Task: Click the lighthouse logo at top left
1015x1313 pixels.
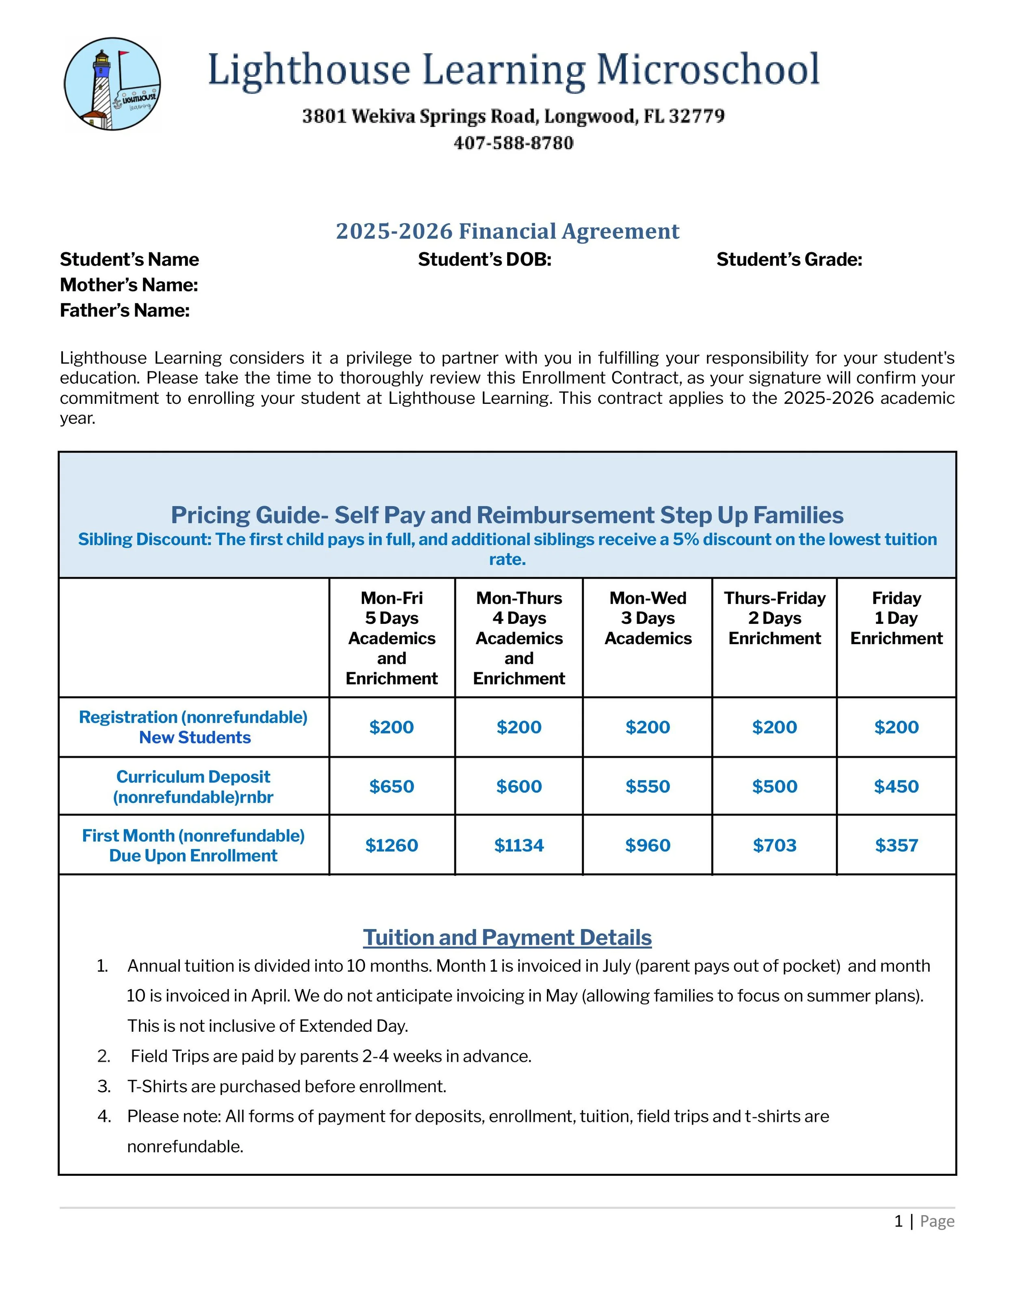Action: click(112, 84)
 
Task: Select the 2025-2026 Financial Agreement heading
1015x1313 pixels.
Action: click(507, 231)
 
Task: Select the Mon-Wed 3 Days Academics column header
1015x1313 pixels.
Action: click(648, 618)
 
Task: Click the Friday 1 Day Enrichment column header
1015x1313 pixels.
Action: click(896, 618)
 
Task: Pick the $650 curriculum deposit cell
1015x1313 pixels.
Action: click(391, 786)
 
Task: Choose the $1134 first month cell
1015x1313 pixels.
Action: click(519, 845)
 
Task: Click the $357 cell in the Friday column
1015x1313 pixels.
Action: click(896, 845)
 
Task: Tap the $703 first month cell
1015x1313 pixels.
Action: click(775, 845)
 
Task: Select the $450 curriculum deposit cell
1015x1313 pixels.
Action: click(896, 786)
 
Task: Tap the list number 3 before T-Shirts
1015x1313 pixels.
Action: click(104, 1087)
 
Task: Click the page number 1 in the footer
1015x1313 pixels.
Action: click(898, 1221)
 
